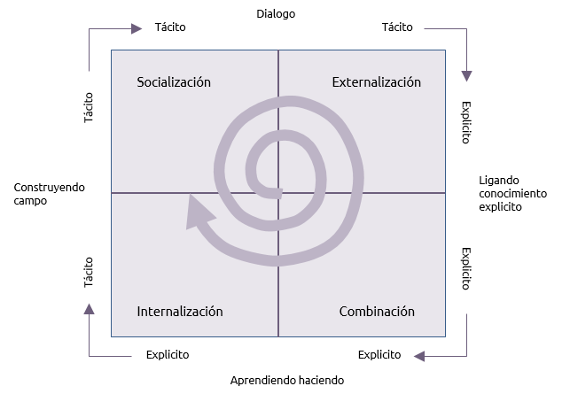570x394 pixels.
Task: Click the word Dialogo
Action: point(276,14)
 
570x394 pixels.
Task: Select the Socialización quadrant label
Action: point(174,82)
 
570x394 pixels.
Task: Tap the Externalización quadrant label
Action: point(376,82)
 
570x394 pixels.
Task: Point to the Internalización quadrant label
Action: point(180,311)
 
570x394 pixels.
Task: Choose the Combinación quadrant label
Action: point(377,311)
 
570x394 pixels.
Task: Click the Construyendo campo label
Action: point(49,194)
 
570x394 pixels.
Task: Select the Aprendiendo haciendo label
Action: point(287,380)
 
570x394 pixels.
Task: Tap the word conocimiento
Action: point(513,194)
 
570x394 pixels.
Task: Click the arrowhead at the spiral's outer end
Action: point(198,212)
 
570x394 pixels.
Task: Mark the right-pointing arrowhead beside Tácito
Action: point(137,28)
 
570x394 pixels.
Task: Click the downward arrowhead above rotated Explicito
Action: point(467,76)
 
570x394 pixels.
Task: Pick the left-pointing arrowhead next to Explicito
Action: point(419,356)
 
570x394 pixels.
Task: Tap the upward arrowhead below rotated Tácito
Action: point(89,309)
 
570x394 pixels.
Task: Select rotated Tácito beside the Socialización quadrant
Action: point(89,107)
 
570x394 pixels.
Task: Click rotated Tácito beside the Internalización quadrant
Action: point(89,273)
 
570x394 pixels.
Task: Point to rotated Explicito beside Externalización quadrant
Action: point(466,123)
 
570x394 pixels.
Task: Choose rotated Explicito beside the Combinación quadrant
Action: point(466,269)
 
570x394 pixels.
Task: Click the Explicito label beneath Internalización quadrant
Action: point(168,354)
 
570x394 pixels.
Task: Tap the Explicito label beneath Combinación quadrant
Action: point(379,354)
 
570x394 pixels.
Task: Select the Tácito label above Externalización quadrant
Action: point(397,27)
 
